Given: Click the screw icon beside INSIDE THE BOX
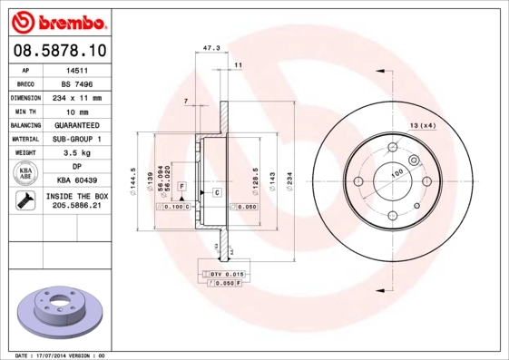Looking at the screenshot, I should [24, 201].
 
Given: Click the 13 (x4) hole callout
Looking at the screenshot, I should [423, 124].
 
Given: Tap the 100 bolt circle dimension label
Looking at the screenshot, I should [396, 173].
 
